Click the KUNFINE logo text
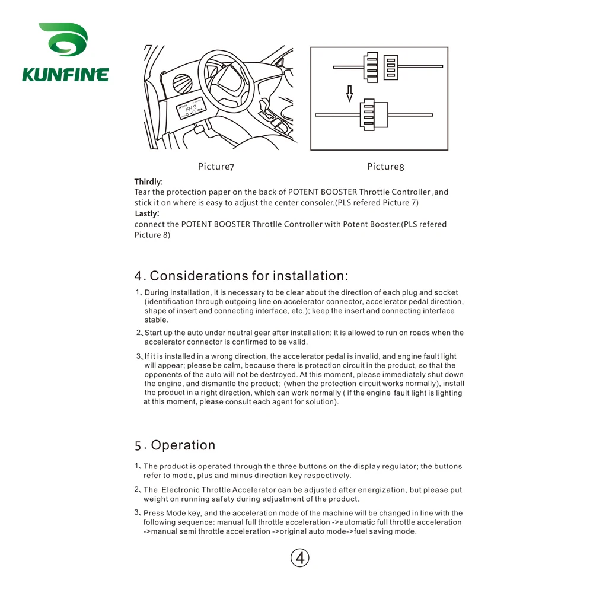[65, 75]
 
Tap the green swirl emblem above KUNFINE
[63, 42]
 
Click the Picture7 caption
[216, 167]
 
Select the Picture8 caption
[385, 167]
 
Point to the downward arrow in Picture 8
[349, 93]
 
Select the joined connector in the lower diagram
[374, 114]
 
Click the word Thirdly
[148, 182]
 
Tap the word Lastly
[146, 213]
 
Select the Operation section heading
[183, 445]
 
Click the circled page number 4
[300, 557]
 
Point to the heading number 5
[138, 446]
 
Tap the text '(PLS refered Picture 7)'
[377, 203]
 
